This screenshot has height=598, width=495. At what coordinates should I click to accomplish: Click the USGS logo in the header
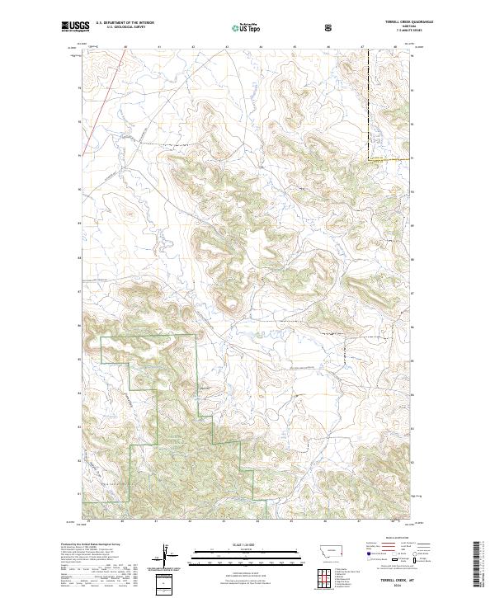coord(75,27)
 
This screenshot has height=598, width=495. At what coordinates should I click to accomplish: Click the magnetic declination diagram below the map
coord(169,554)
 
